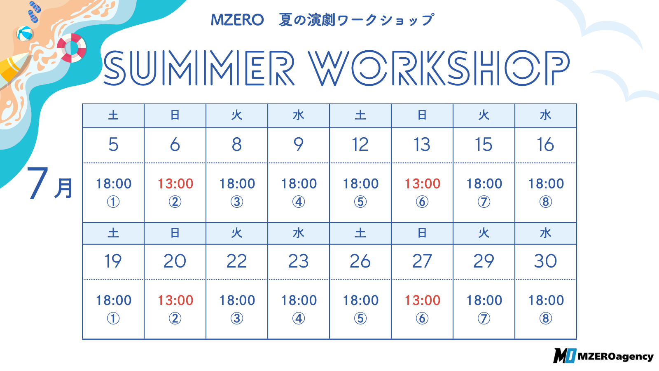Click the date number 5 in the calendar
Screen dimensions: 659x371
click(113, 145)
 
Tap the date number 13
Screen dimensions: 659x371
click(422, 145)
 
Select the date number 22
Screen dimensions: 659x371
click(236, 261)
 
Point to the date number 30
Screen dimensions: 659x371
click(545, 261)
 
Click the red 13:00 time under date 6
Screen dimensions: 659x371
click(175, 184)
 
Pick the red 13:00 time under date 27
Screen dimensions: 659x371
click(423, 301)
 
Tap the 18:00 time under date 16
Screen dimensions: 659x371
click(546, 184)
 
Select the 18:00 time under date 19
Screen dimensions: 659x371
click(114, 301)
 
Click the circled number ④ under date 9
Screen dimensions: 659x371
click(299, 202)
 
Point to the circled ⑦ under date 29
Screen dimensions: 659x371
click(484, 319)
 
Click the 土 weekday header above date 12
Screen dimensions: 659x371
click(360, 115)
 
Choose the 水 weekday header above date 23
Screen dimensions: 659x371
click(299, 233)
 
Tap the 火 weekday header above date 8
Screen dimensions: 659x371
click(237, 115)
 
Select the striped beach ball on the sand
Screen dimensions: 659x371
click(25, 33)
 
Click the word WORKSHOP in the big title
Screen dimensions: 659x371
click(439, 68)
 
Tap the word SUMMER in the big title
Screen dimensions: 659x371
click(199, 68)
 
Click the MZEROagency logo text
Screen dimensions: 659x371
click(615, 357)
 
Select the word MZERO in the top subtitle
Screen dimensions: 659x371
click(237, 20)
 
